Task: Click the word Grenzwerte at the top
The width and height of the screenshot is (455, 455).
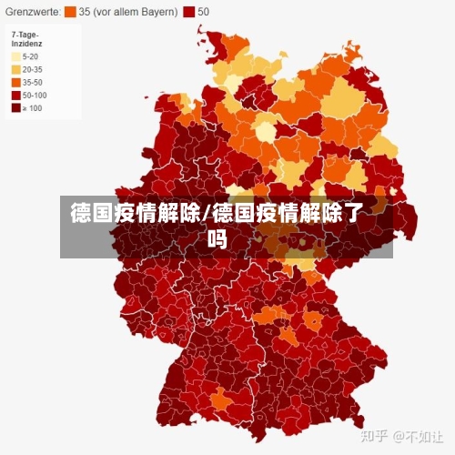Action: pyautogui.click(x=32, y=12)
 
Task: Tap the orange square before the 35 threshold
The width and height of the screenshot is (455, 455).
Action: pyautogui.click(x=70, y=12)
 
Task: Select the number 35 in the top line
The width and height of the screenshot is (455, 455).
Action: pyautogui.click(x=84, y=12)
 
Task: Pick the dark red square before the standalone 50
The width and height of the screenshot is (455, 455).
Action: pyautogui.click(x=188, y=12)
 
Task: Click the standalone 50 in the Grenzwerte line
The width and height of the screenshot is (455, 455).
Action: pyautogui.click(x=203, y=12)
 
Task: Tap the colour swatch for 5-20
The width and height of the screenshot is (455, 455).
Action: pyautogui.click(x=15, y=56)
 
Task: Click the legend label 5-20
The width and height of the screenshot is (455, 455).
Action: pyautogui.click(x=31, y=56)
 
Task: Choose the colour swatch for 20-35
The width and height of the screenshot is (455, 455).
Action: pyautogui.click(x=15, y=68)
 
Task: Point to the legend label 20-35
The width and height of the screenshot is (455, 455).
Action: pyautogui.click(x=33, y=68)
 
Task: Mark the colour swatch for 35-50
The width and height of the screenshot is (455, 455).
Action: pyautogui.click(x=15, y=81)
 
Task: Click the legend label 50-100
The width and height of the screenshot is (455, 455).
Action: pyautogui.click(x=35, y=94)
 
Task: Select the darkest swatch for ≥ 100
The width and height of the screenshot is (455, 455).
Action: pyautogui.click(x=15, y=107)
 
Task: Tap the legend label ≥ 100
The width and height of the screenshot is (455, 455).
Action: pyautogui.click(x=33, y=107)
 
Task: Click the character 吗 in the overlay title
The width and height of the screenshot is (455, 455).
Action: pyautogui.click(x=217, y=240)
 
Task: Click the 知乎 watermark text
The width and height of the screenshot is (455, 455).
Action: pyautogui.click(x=376, y=437)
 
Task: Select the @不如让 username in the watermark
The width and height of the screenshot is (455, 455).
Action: pyautogui.click(x=420, y=437)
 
